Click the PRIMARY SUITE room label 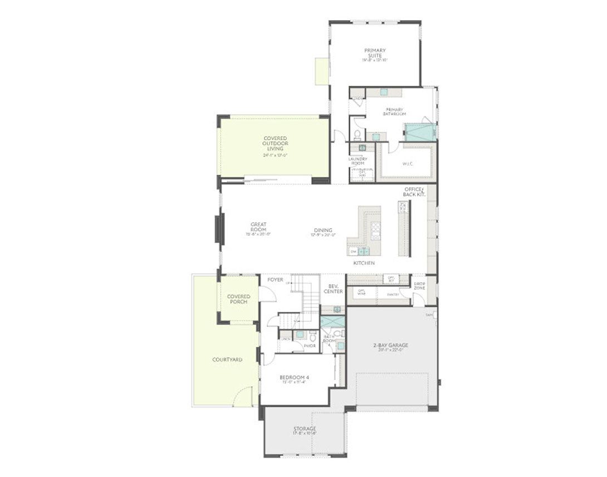[x=375, y=53]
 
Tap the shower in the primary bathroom [x=420, y=132]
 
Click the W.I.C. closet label [x=407, y=164]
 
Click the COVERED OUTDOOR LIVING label [x=275, y=144]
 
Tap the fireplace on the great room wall [x=219, y=229]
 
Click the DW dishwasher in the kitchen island [x=353, y=252]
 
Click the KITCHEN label [x=364, y=263]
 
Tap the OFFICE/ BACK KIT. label [x=414, y=191]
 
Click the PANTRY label [x=393, y=294]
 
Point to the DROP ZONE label [x=419, y=286]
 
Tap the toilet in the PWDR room [x=313, y=337]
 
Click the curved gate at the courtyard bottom [x=242, y=397]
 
